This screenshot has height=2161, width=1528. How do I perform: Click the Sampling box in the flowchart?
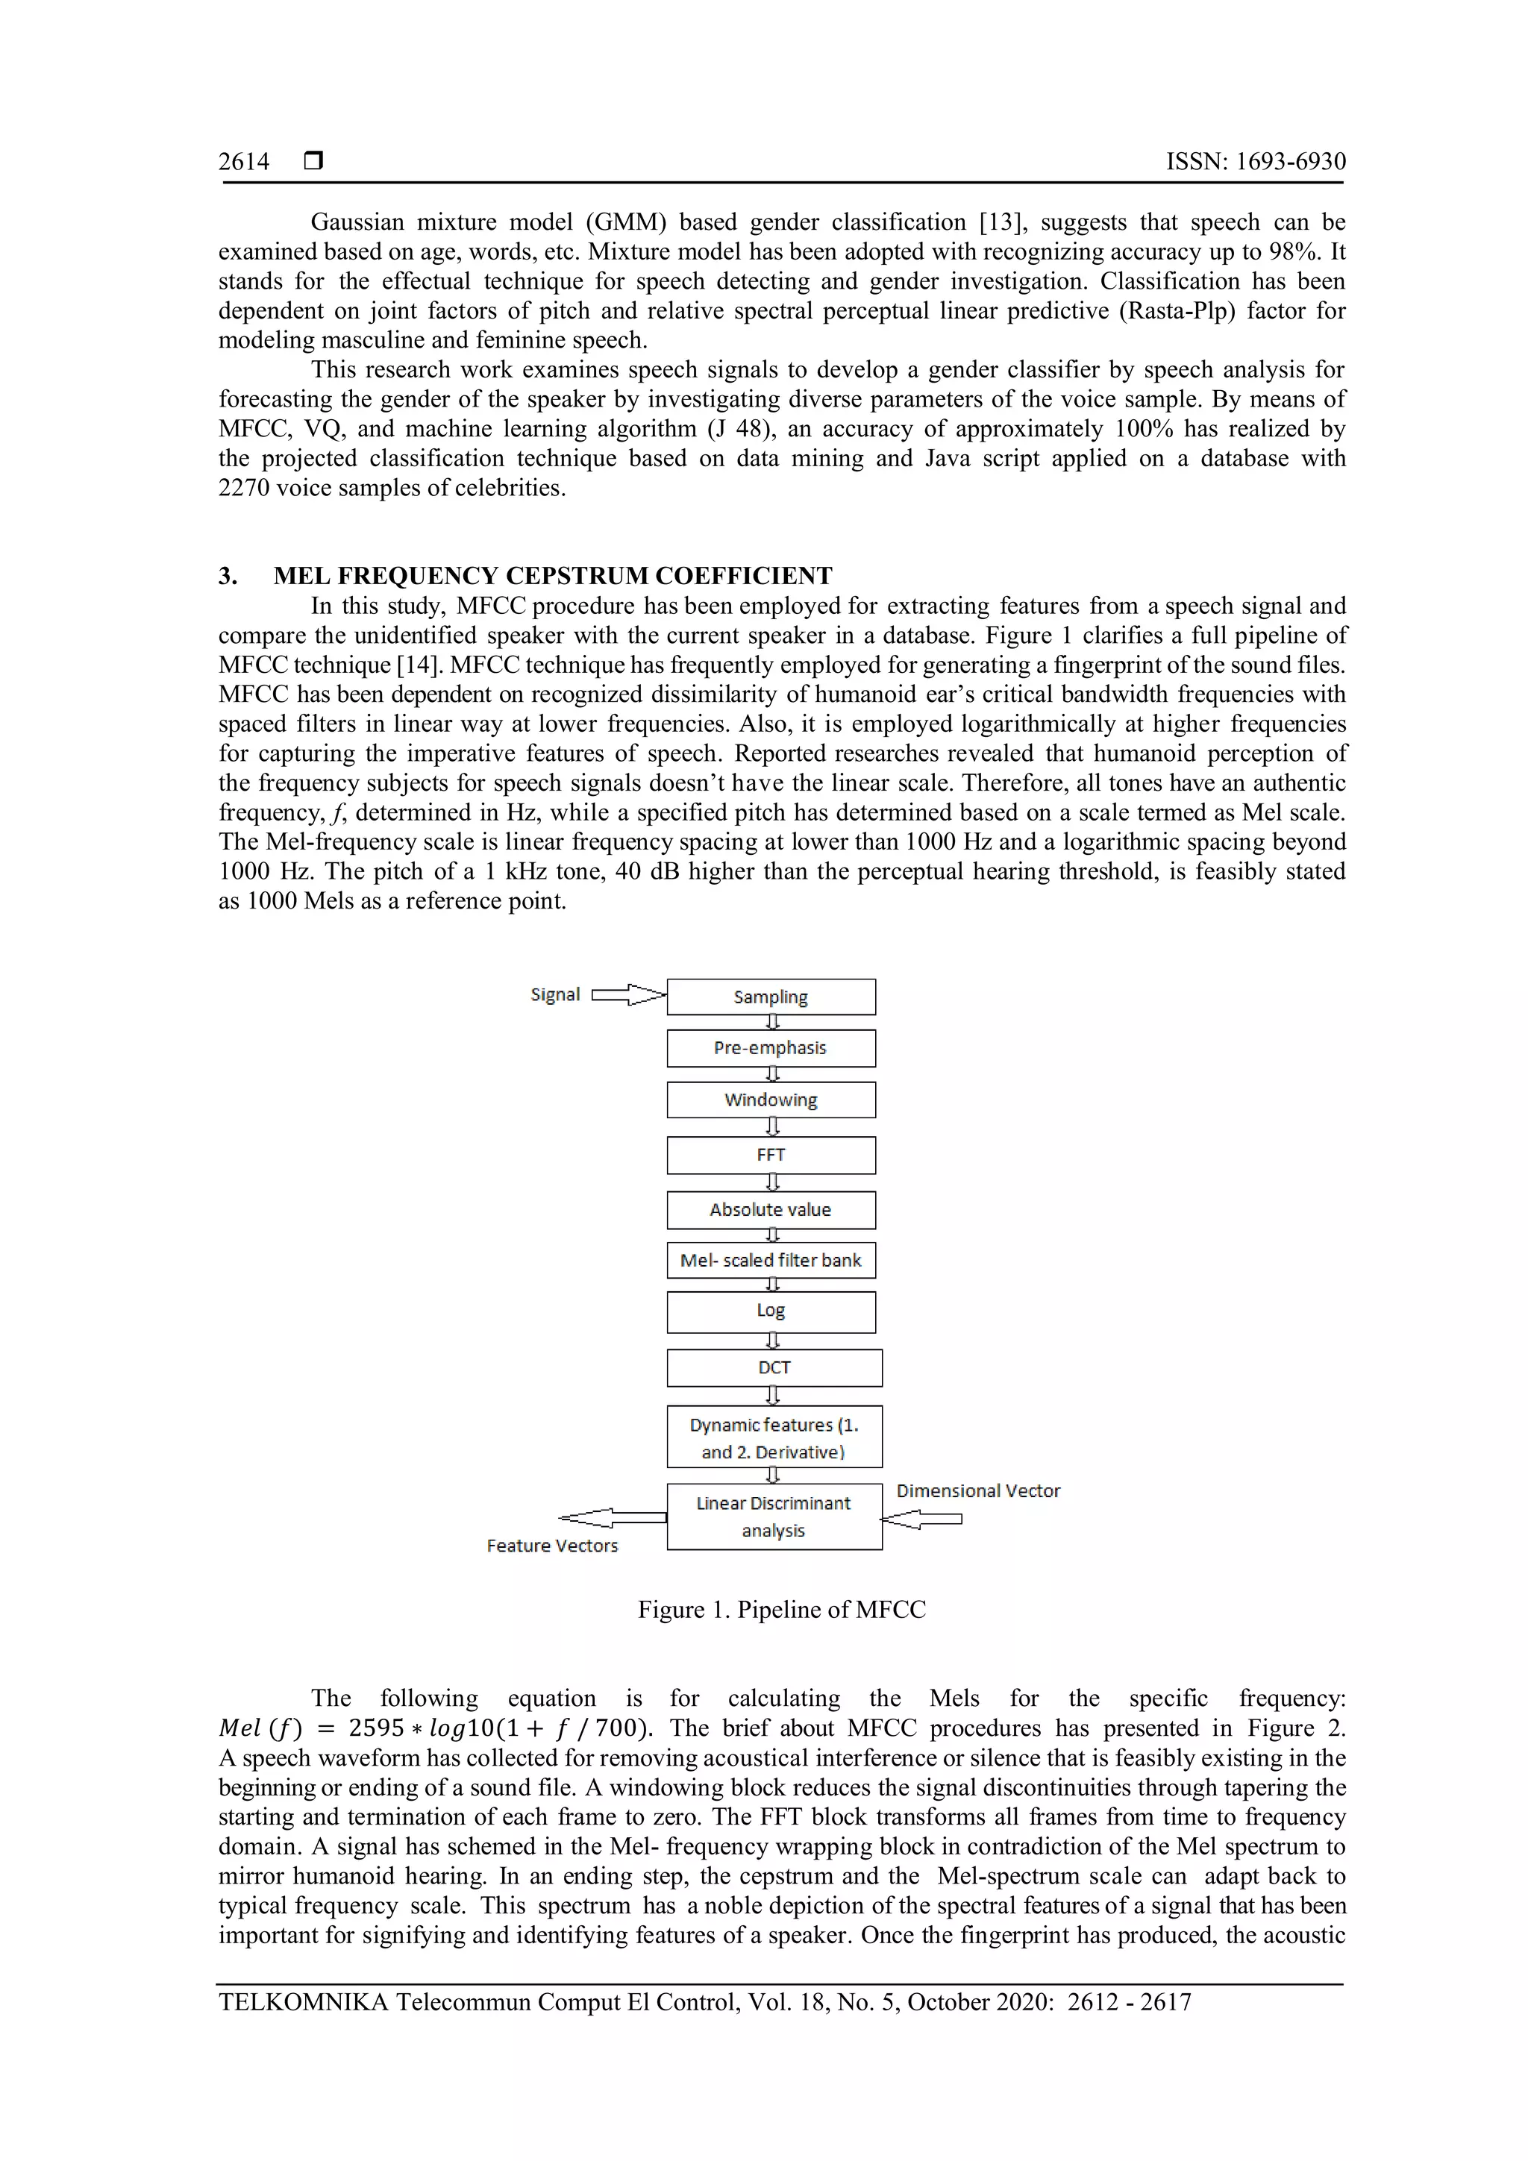tap(770, 997)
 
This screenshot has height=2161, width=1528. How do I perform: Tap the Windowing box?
tap(770, 1100)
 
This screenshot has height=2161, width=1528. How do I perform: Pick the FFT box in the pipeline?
tap(770, 1155)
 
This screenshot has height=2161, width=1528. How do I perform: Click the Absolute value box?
tap(770, 1209)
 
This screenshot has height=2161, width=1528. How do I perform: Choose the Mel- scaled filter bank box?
tap(770, 1260)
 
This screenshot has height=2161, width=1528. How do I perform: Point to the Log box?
tap(770, 1311)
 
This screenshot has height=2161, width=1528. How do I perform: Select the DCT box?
tap(774, 1367)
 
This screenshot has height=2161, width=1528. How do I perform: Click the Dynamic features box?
tap(774, 1437)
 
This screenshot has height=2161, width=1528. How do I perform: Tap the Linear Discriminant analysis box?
tap(774, 1517)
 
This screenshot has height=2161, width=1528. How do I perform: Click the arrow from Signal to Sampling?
tap(628, 995)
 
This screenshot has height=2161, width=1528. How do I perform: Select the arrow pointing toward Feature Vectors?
tap(612, 1517)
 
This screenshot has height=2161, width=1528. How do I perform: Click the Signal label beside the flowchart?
tap(554, 995)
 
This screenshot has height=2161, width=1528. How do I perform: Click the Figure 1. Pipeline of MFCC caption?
tap(781, 1610)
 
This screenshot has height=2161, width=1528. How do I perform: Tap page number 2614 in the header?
tap(244, 162)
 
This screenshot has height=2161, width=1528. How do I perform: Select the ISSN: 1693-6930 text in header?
tap(1255, 162)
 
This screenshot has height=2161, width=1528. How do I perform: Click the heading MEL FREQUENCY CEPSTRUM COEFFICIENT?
tap(553, 576)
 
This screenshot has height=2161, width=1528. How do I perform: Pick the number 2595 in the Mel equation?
tap(375, 1728)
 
